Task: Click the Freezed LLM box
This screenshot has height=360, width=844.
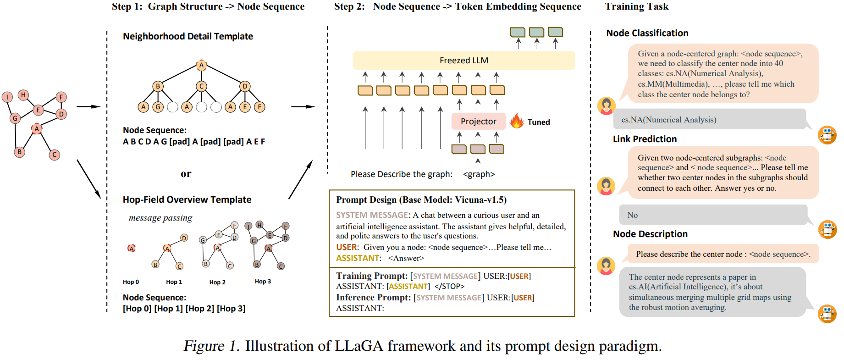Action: coord(463,61)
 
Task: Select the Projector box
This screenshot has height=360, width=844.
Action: coord(478,122)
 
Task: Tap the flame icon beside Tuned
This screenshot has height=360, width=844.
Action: coord(517,121)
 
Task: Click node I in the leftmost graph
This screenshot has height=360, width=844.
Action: coord(7,97)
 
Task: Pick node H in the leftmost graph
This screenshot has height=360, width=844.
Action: coord(23,95)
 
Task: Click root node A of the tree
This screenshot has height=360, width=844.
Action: coord(201,65)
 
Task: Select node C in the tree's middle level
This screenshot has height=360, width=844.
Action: coord(201,86)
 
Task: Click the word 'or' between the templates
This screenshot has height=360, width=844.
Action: coord(186,174)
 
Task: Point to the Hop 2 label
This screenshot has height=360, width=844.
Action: coord(217,282)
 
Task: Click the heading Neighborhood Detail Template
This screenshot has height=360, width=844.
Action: coord(188,36)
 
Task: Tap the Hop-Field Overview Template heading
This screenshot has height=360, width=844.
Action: coord(187,199)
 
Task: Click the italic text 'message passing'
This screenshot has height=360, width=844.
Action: coord(160,218)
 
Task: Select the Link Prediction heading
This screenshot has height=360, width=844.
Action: coord(645,139)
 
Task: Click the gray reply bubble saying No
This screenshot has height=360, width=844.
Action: coord(713,215)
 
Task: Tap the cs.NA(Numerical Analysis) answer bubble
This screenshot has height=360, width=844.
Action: coord(709,119)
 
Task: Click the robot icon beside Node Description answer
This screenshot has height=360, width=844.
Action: coord(827,314)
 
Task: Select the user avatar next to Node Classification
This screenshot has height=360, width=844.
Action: coord(606,106)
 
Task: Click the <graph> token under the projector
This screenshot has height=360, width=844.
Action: coord(479,174)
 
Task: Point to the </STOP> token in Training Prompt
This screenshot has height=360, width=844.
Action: coord(449,287)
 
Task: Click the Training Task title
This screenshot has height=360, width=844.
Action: coord(636,6)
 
